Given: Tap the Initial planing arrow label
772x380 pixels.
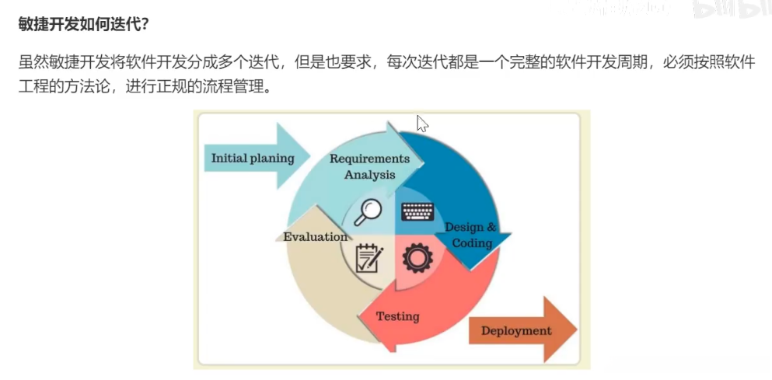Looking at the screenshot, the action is click(253, 159).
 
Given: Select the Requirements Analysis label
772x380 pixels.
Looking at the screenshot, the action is click(369, 166).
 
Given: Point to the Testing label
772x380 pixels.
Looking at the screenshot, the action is click(397, 316).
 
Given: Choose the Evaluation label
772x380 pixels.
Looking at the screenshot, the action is click(315, 236).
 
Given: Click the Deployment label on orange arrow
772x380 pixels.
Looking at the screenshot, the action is click(515, 330).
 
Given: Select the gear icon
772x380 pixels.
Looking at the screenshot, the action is click(418, 259).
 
